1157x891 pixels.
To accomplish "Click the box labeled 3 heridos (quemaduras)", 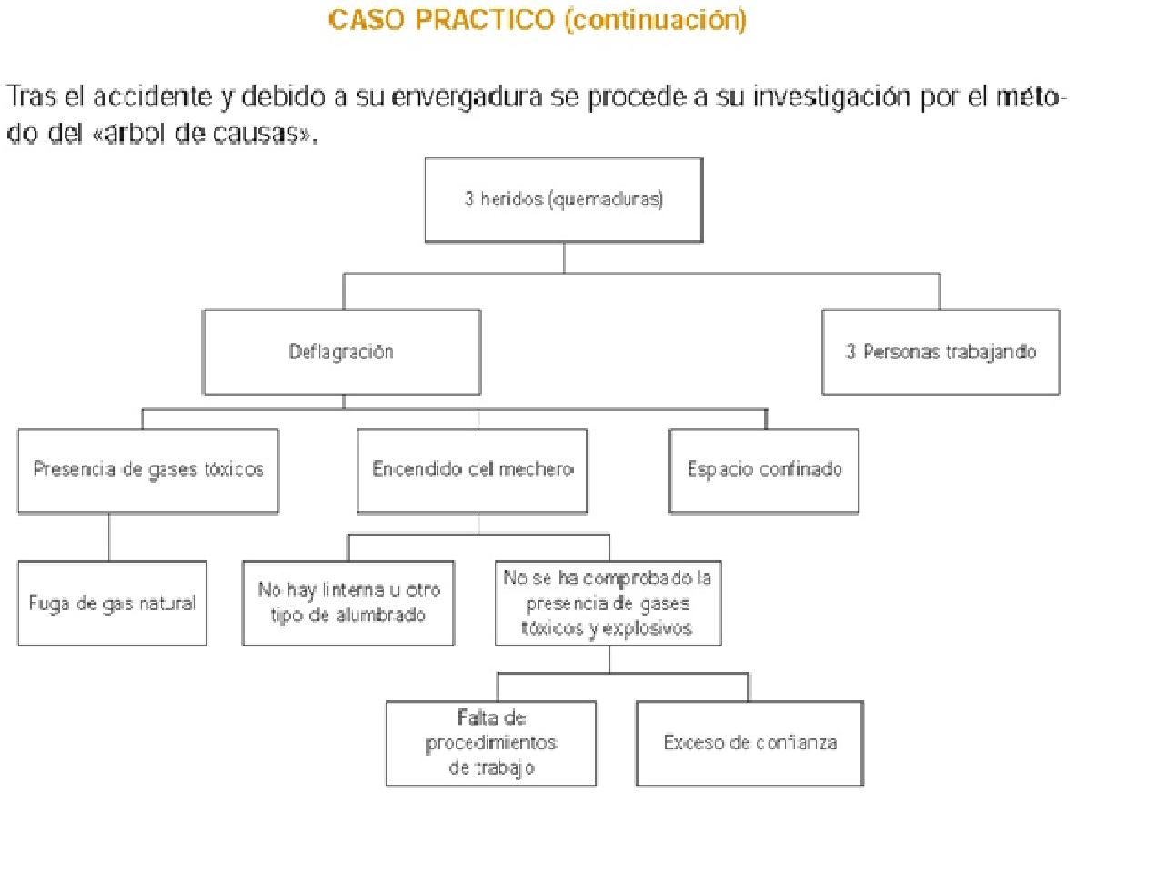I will point(563,200).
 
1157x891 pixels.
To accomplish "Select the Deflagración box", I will point(341,352).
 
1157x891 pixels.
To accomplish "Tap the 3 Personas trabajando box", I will point(941,352).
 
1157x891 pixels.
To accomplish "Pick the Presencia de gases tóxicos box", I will point(148,470).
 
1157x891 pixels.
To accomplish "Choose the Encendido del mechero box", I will point(472,470).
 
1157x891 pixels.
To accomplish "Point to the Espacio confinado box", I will point(764,470).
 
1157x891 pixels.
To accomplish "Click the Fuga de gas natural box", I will point(112,603).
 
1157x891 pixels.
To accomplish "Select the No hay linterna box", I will point(348,603).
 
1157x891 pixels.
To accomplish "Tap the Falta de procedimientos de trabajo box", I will point(491,743).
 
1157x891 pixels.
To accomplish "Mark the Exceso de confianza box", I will point(750,743).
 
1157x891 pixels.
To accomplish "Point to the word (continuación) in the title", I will point(655,20).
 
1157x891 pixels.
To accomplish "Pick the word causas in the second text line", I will point(272,134).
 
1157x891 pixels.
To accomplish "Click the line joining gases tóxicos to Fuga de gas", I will point(109,536).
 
